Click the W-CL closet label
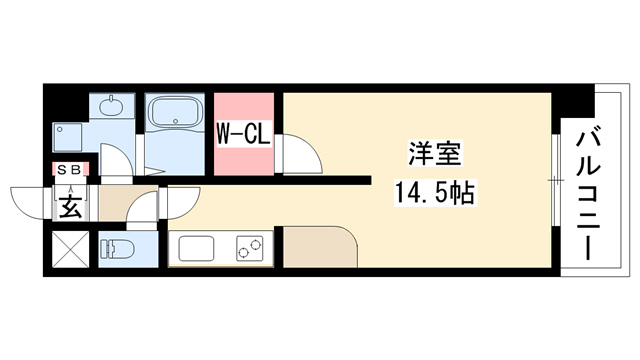coord(244,134)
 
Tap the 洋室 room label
coord(435,153)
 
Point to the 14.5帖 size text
coord(434,193)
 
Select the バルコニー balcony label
coord(588,195)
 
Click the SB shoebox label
coord(69,170)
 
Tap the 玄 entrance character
coord(70,207)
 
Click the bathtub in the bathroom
coord(176,110)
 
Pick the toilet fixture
coord(116,249)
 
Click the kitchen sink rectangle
coord(196,249)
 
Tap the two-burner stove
coord(249,248)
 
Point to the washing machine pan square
coord(67,138)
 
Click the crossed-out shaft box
coord(71,249)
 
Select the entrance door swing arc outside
coord(27,203)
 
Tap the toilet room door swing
coord(141,208)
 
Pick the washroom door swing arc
coord(117,161)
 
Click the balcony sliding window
coord(556,180)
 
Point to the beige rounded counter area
coord(321,247)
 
